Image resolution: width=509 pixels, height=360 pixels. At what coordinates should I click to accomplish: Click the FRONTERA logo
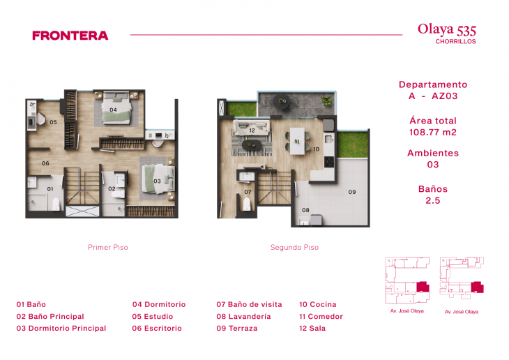click(70, 35)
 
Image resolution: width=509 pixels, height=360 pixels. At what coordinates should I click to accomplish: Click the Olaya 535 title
click(446, 29)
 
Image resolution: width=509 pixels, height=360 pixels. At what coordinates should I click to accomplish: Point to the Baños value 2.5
click(433, 200)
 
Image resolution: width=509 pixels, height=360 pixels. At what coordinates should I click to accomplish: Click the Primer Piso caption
click(107, 248)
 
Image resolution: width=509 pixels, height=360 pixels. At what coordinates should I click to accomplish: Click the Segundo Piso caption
click(294, 248)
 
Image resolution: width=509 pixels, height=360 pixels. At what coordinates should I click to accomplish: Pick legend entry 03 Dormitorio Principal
click(61, 328)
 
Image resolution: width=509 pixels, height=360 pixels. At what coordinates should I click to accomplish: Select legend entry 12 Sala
click(312, 328)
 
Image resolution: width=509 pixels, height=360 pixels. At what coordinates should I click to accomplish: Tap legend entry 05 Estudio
click(153, 316)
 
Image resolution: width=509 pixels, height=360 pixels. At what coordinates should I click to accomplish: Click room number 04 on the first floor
click(113, 110)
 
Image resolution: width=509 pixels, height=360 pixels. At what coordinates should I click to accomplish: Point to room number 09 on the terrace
click(352, 192)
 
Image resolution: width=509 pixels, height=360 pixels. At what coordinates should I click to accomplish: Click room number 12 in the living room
click(252, 130)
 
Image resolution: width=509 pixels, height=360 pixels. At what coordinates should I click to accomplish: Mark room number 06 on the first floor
click(45, 163)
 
